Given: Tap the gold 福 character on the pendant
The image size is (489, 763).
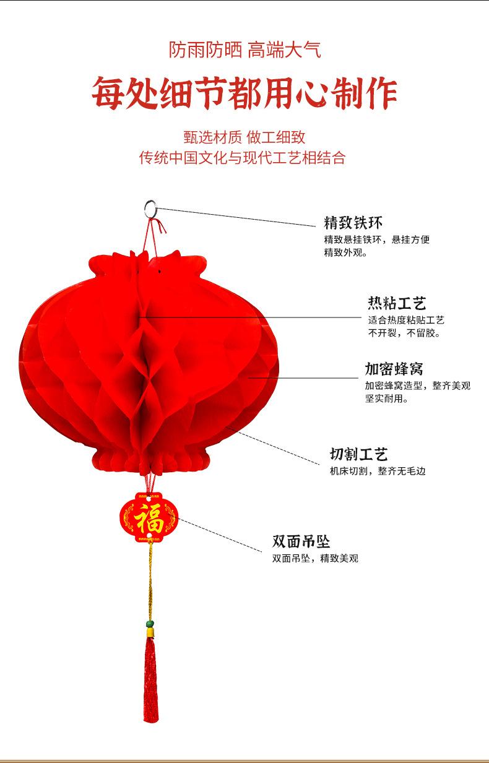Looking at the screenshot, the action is [149, 518].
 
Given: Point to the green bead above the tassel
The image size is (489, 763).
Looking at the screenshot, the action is [150, 623].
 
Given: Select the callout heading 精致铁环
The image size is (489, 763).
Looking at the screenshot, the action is [353, 223].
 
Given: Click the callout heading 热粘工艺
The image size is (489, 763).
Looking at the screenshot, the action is [397, 303].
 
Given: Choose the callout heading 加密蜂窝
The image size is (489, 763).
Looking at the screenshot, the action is [394, 369].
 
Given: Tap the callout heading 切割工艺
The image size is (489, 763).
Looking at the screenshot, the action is [358, 455].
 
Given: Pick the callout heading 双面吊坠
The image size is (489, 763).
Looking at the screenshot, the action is [301, 542].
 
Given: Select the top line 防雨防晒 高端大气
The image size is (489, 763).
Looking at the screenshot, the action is [244, 50].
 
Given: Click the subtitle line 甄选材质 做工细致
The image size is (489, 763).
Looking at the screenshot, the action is [244, 137].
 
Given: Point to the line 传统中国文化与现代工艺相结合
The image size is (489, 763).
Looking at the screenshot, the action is [242, 158].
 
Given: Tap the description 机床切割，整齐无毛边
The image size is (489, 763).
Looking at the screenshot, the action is [377, 472].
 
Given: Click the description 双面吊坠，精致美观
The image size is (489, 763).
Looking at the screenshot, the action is [315, 559].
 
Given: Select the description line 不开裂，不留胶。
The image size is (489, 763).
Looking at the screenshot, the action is [404, 334].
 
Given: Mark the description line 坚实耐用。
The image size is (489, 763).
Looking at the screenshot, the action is [386, 399].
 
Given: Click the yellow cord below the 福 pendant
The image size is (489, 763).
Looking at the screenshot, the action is [149, 582].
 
